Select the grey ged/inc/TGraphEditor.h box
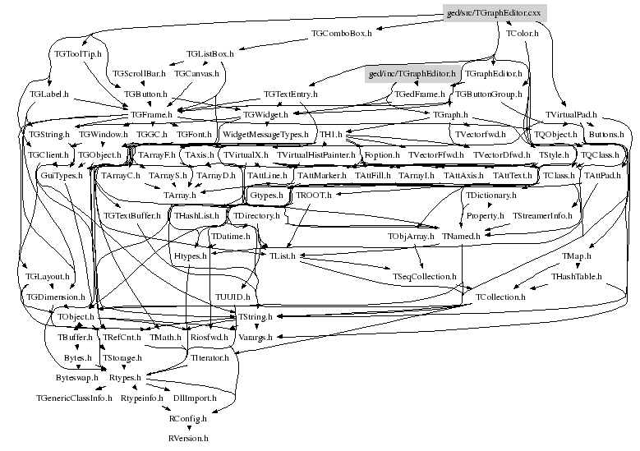click(x=411, y=75)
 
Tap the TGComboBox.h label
click(x=342, y=34)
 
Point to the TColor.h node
click(x=523, y=34)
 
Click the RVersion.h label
click(x=188, y=439)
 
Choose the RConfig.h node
click(x=188, y=418)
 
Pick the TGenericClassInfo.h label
click(x=74, y=398)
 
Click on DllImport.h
click(x=195, y=398)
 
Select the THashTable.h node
click(x=577, y=276)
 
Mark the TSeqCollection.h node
click(x=424, y=276)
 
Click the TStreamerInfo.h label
click(x=541, y=215)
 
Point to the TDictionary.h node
click(x=491, y=196)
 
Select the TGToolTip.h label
click(x=77, y=54)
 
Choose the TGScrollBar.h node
click(x=139, y=74)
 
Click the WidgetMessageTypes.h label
click(x=265, y=134)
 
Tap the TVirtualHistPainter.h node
click(x=315, y=154)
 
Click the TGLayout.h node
click(x=47, y=277)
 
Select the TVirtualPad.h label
click(x=571, y=115)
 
